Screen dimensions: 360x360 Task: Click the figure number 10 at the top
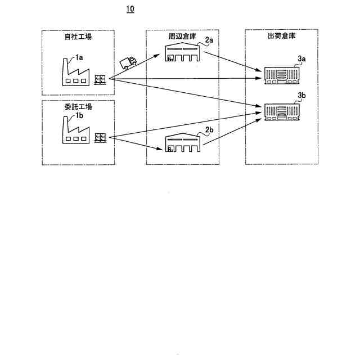click(x=130, y=10)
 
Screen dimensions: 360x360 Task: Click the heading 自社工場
click(x=78, y=38)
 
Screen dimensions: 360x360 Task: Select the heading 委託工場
click(x=78, y=107)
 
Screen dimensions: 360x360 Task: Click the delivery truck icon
click(x=129, y=61)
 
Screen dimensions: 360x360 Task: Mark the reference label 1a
click(x=79, y=57)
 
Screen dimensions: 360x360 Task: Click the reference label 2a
click(x=209, y=40)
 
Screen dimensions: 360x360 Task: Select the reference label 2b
click(x=209, y=130)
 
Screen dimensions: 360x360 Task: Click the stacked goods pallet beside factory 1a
click(x=101, y=79)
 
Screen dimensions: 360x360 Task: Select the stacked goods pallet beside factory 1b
click(x=101, y=138)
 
